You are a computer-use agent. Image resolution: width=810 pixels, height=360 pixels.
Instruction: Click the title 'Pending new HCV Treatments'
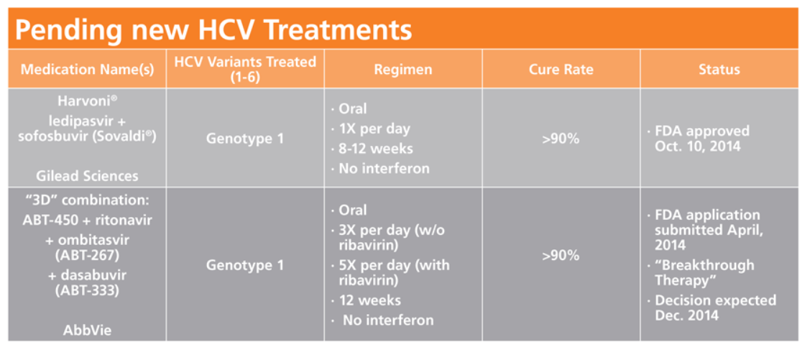[213, 30]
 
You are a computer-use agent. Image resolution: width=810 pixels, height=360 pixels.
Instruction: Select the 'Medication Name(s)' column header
[87, 70]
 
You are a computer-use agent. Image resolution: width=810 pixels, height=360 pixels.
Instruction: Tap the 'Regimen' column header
[403, 70]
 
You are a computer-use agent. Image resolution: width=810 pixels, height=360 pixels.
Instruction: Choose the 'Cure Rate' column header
[561, 70]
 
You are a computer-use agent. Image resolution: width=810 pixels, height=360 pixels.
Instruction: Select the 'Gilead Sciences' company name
[87, 176]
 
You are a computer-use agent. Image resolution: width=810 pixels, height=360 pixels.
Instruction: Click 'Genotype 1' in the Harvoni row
[245, 139]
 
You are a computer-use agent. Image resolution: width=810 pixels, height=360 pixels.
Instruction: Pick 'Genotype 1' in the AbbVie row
[245, 265]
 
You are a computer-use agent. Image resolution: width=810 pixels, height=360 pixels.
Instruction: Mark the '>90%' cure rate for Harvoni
[561, 139]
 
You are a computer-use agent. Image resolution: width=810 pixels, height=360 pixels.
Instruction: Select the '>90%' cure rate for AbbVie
[561, 256]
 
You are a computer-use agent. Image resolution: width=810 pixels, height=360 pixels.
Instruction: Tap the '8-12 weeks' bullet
[372, 149]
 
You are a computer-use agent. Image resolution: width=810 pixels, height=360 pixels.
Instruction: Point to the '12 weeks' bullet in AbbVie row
[366, 300]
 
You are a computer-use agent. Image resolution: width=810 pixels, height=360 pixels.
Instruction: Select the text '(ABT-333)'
[87, 290]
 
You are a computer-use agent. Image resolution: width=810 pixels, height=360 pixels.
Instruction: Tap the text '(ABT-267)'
[87, 257]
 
